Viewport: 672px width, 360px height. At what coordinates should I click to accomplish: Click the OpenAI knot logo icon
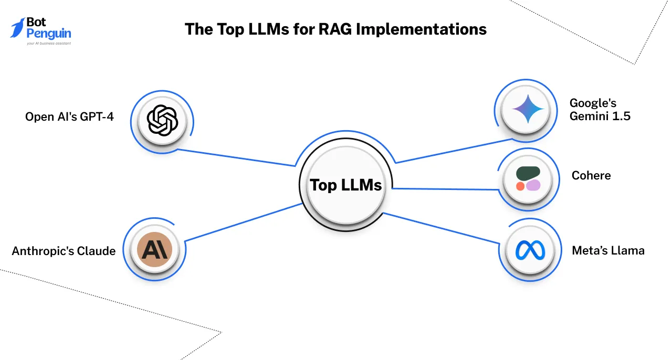click(x=162, y=121)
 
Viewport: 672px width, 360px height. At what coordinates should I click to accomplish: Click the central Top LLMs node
click(x=345, y=185)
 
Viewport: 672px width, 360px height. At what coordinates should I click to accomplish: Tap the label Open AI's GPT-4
click(x=69, y=117)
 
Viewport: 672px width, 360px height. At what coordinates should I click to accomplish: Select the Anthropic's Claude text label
click(x=64, y=251)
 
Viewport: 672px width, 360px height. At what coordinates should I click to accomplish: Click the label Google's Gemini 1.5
click(x=600, y=109)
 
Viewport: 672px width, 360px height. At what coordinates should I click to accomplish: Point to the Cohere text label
click(x=591, y=175)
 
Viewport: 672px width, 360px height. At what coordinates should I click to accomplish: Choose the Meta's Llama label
click(x=608, y=250)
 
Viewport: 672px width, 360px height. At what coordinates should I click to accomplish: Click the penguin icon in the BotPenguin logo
click(x=18, y=27)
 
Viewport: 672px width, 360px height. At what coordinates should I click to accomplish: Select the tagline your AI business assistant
click(x=48, y=44)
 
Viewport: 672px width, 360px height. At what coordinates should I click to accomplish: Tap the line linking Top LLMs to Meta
click(x=441, y=227)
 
